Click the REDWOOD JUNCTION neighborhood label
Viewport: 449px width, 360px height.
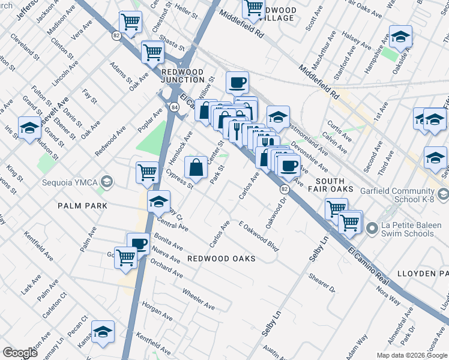pyautogui.click(x=183, y=76)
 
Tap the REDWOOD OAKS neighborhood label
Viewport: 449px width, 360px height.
pyautogui.click(x=221, y=259)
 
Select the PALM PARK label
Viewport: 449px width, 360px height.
pyautogui.click(x=82, y=206)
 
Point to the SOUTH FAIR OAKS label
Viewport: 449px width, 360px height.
pyautogui.click(x=330, y=186)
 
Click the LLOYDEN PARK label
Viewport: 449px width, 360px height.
pyautogui.click(x=423, y=274)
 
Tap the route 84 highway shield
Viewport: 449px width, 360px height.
pyautogui.click(x=173, y=107)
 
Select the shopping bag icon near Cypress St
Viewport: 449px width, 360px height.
pyautogui.click(x=196, y=167)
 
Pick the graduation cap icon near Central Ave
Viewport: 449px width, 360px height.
pyautogui.click(x=158, y=202)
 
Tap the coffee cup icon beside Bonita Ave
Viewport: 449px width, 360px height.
pyautogui.click(x=139, y=244)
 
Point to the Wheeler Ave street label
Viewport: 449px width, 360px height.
pyautogui.click(x=198, y=298)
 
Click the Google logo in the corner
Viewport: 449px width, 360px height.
pyautogui.click(x=20, y=353)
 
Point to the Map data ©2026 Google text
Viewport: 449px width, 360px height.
pyautogui.click(x=411, y=355)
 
